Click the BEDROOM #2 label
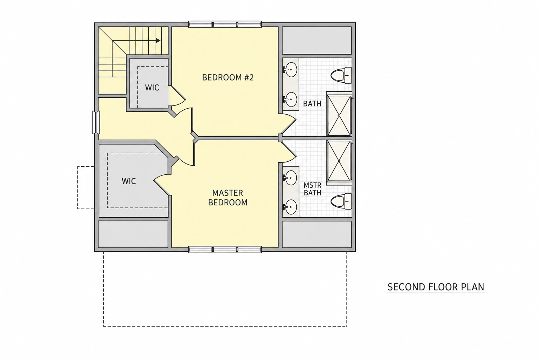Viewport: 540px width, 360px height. pyautogui.click(x=228, y=77)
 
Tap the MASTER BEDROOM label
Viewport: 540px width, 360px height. pyautogui.click(x=228, y=198)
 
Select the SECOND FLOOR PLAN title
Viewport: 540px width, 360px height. pyautogui.click(x=436, y=287)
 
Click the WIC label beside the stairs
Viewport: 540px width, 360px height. pyautogui.click(x=152, y=88)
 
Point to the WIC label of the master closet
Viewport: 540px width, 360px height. pyautogui.click(x=129, y=181)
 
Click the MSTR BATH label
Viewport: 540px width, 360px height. pyautogui.click(x=313, y=189)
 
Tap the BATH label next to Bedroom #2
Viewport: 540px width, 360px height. pyautogui.click(x=312, y=104)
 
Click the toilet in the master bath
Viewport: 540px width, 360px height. pyautogui.click(x=341, y=201)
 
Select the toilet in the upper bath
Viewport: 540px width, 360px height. pyautogui.click(x=341, y=76)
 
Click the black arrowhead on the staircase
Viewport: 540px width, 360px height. pyautogui.click(x=158, y=40)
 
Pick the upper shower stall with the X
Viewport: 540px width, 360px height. pyautogui.click(x=339, y=116)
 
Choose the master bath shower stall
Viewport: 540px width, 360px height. pyautogui.click(x=339, y=160)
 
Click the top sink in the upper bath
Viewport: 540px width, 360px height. pyautogui.click(x=290, y=70)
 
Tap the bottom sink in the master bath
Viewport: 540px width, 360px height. pyautogui.click(x=290, y=207)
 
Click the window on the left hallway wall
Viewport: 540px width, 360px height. pyautogui.click(x=96, y=122)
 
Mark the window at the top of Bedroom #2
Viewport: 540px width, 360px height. pyautogui.click(x=225, y=24)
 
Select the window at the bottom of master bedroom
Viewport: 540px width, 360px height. pyautogui.click(x=225, y=250)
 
